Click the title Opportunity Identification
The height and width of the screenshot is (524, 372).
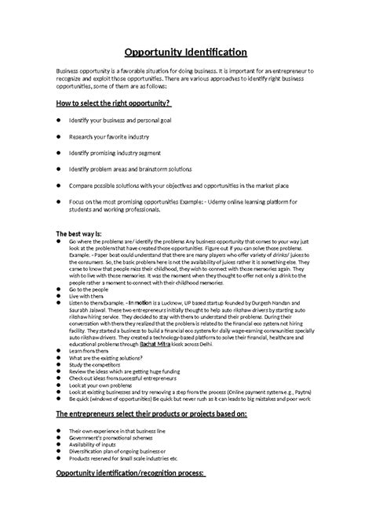pos(186,52)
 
